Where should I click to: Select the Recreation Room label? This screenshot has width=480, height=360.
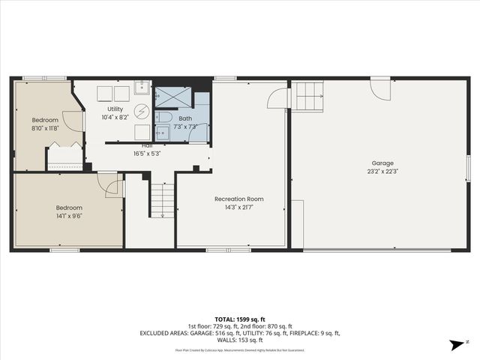(238, 199)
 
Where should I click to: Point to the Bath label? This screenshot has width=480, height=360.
(185, 118)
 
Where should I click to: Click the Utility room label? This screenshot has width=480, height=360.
(115, 109)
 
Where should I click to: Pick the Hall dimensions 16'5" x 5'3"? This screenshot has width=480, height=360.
(147, 153)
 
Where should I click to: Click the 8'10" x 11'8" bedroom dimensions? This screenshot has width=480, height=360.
(46, 128)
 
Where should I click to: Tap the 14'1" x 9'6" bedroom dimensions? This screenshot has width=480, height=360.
(68, 216)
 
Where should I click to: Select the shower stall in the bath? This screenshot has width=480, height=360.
(172, 96)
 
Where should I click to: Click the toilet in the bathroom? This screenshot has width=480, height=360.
(164, 118)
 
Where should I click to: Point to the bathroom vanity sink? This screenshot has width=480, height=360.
(163, 134)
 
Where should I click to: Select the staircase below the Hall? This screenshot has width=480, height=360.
(163, 200)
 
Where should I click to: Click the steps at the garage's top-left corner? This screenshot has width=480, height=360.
(308, 95)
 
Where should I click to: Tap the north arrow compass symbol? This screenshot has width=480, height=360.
(455, 344)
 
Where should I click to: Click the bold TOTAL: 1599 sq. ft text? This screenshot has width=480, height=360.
(240, 318)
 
